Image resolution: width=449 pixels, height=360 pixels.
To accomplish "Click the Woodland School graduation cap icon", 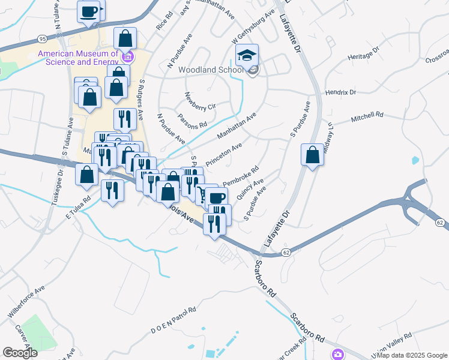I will pos(247,56).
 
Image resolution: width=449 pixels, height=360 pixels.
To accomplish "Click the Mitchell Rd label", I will pos(367,116).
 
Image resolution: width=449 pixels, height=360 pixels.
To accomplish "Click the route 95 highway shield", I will pos(41,38).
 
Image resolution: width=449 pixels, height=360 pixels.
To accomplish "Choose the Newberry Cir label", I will pos(200,101).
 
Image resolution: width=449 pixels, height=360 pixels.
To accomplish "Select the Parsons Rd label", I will pos(192,120).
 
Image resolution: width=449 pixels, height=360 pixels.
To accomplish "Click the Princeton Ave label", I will pos(223,155).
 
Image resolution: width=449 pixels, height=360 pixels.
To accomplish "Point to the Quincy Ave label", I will pos(250,190).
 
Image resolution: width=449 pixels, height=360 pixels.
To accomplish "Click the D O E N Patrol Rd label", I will pos(173,320).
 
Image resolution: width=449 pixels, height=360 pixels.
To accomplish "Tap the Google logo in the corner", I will pos(20,353).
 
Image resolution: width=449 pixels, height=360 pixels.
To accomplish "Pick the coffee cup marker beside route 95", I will pos(89,12).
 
